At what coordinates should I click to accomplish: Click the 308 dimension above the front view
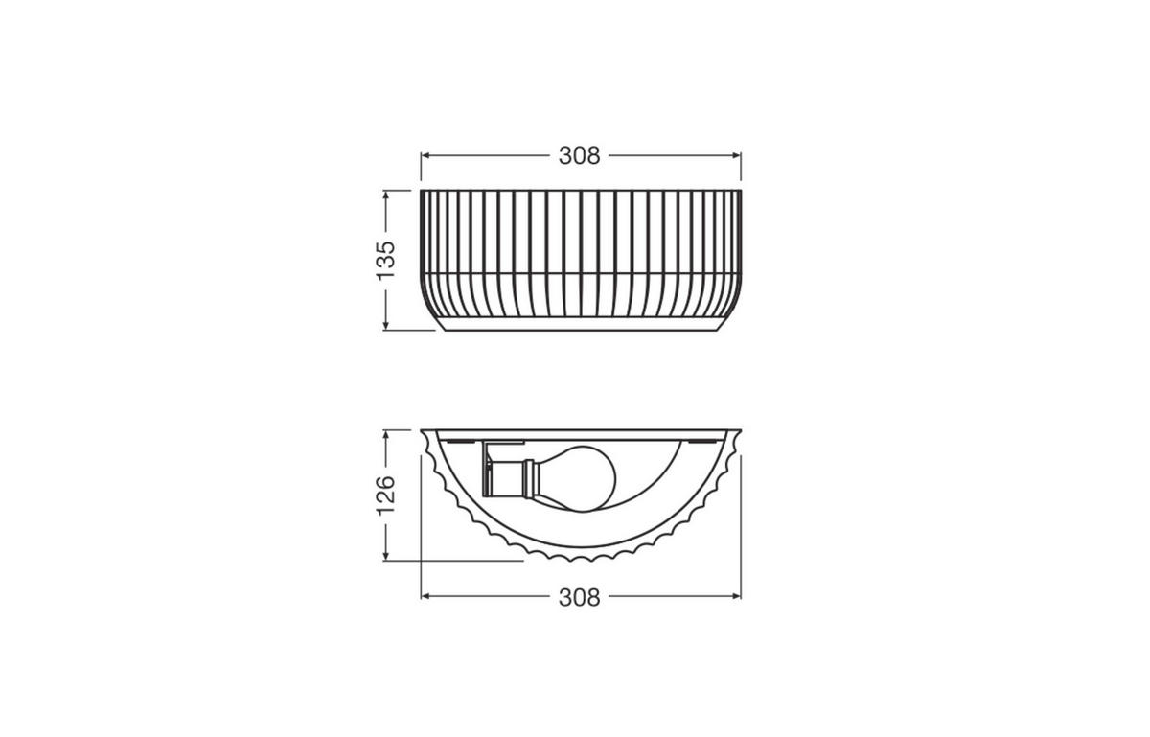coord(580,155)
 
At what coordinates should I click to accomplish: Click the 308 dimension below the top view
coord(580,597)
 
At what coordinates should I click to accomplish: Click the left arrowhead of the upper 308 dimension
coord(426,155)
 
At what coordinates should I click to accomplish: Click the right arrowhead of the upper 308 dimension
coord(736,155)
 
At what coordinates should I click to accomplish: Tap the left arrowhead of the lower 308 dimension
coord(426,596)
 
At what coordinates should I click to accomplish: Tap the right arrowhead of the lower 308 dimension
coord(736,596)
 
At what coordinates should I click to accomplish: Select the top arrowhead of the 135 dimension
coord(386,195)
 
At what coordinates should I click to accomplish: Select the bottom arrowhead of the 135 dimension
coord(386,325)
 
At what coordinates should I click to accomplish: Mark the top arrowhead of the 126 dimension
coord(386,434)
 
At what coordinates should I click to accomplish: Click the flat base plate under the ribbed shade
coord(580,326)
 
